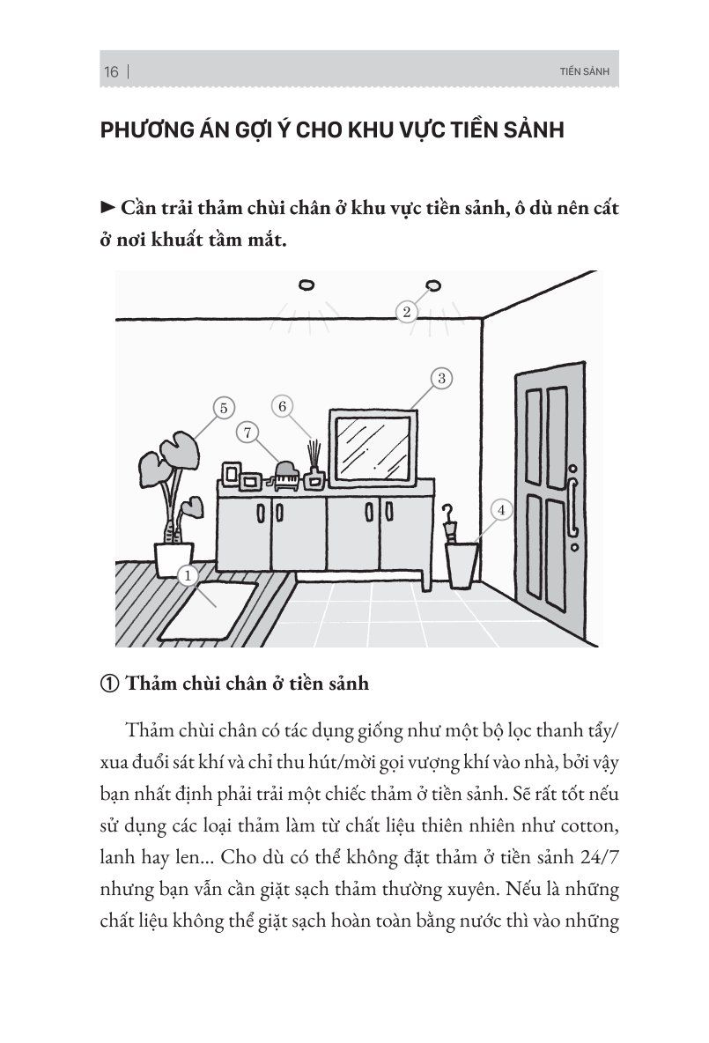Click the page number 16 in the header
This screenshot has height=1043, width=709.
(111, 72)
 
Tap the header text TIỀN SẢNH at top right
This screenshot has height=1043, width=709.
(584, 72)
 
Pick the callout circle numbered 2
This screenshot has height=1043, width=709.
(406, 311)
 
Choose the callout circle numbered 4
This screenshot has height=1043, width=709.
(501, 510)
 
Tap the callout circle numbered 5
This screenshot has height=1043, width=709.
(224, 408)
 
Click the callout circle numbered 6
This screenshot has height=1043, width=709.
(283, 407)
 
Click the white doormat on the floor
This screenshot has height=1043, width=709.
(206, 609)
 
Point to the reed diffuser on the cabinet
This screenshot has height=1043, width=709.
(313, 467)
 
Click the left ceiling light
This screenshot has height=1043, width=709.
(306, 284)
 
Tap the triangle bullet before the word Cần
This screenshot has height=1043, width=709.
(109, 209)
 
